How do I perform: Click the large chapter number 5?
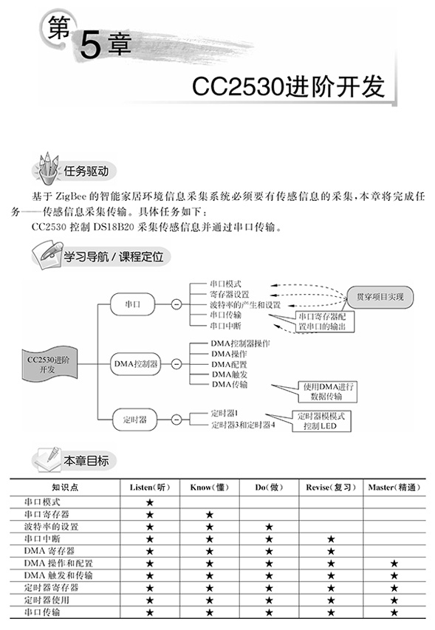point(90,45)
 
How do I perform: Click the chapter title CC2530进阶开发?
point(288,86)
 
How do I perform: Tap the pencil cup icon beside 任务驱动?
point(48,168)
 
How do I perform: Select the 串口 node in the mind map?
point(132,304)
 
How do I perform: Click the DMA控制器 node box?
point(136,364)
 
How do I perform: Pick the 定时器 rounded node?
point(134,420)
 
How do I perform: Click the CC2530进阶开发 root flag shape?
point(47,364)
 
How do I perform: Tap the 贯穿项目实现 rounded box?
point(380,297)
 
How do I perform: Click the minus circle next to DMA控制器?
point(177,364)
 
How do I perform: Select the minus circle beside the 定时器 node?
point(177,420)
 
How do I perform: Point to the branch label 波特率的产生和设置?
point(245,305)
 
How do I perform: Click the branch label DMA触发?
point(230,374)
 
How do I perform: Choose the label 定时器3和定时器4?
point(243,425)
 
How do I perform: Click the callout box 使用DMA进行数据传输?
point(327,391)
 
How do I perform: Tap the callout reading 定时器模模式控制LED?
point(321,421)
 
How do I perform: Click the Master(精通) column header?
point(394,487)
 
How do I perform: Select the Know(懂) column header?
point(209,487)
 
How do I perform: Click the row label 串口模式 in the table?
point(42,502)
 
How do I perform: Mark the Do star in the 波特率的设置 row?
point(269,527)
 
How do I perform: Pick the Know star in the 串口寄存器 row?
point(209,515)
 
